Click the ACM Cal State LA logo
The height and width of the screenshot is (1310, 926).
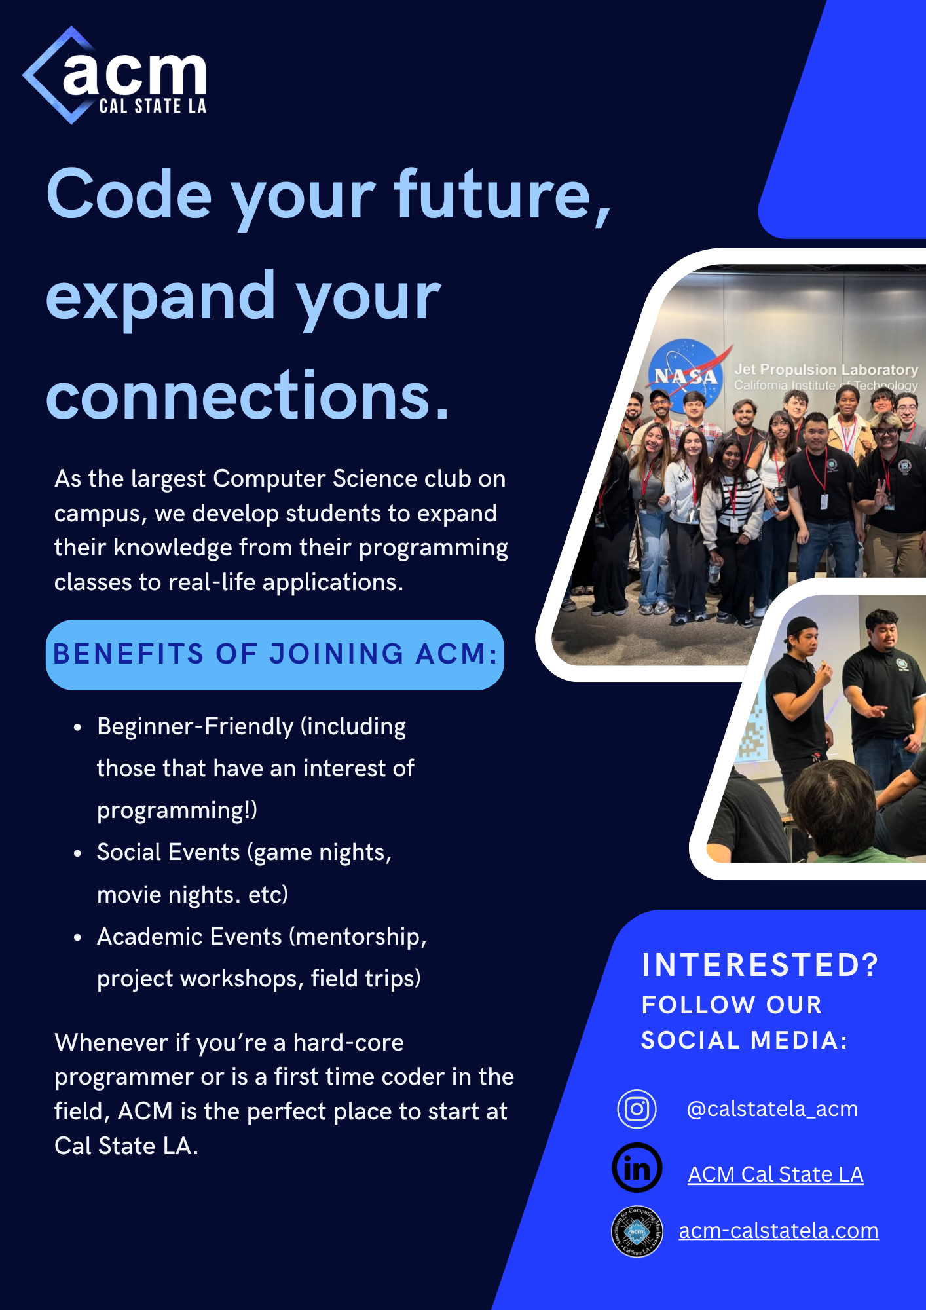(x=115, y=75)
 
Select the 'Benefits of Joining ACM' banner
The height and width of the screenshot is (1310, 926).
(x=275, y=654)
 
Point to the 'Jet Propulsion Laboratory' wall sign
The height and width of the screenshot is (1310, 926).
(x=826, y=377)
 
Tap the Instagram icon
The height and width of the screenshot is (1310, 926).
(x=637, y=1109)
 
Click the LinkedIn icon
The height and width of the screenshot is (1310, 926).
(x=637, y=1168)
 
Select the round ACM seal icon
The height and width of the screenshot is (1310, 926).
(x=637, y=1231)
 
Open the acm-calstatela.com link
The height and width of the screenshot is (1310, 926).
(x=779, y=1231)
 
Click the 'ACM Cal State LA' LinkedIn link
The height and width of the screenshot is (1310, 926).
(x=775, y=1174)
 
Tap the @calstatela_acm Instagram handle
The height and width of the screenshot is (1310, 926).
(x=772, y=1109)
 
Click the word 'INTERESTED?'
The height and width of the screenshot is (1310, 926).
(x=760, y=965)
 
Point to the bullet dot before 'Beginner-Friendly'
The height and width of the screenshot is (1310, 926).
(x=78, y=728)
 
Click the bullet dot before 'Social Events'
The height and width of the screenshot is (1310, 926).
(x=78, y=853)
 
